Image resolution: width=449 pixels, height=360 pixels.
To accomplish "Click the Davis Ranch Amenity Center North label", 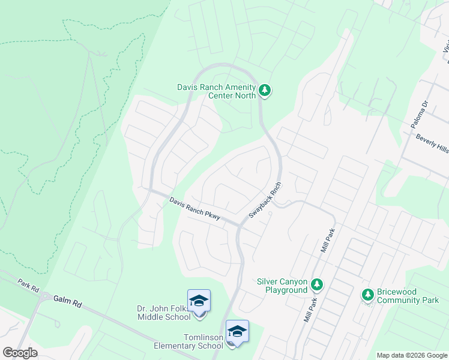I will (x=216, y=91).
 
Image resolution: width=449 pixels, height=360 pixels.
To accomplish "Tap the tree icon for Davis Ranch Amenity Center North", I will (x=265, y=91).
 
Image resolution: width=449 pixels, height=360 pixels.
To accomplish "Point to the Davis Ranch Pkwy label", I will (x=194, y=208).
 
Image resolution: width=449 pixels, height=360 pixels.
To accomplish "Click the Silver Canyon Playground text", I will (x=282, y=286).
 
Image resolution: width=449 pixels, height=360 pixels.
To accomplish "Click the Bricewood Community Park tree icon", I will (x=368, y=295).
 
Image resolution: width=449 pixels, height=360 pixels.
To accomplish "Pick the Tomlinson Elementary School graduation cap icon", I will (x=237, y=331).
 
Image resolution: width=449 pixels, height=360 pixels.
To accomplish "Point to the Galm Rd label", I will (x=67, y=299).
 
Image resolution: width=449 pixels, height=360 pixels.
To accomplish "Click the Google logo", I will (x=20, y=353).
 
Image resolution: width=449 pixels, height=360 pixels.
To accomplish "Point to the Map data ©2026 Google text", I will (x=411, y=355).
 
